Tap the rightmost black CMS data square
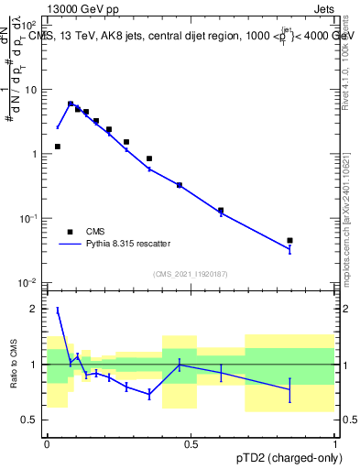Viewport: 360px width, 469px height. click(x=289, y=241)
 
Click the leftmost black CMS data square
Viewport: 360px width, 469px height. click(x=58, y=147)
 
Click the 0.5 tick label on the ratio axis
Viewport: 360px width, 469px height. click(x=31, y=420)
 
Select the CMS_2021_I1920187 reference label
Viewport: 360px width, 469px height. click(x=190, y=273)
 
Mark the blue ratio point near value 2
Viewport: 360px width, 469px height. click(x=58, y=311)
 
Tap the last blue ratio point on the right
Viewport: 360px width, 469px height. click(x=289, y=389)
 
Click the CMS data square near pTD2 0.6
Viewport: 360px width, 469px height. click(x=221, y=211)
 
